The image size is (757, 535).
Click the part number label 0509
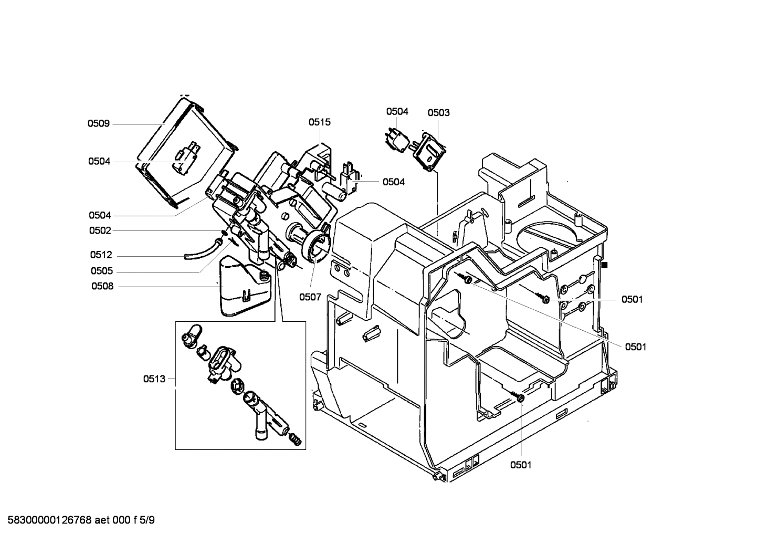tap(98, 124)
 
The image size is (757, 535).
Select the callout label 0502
tap(100, 230)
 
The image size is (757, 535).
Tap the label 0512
tap(101, 255)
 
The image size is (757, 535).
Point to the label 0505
tap(101, 271)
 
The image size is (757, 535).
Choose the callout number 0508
tap(102, 287)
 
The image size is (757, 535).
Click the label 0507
tap(310, 297)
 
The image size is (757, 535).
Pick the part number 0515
tap(319, 122)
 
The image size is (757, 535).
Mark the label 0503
tap(438, 112)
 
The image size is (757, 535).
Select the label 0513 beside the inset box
tap(154, 379)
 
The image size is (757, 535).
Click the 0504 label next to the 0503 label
tap(397, 111)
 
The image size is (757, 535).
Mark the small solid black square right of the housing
tap(605, 265)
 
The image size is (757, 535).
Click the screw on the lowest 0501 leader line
tap(519, 398)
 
